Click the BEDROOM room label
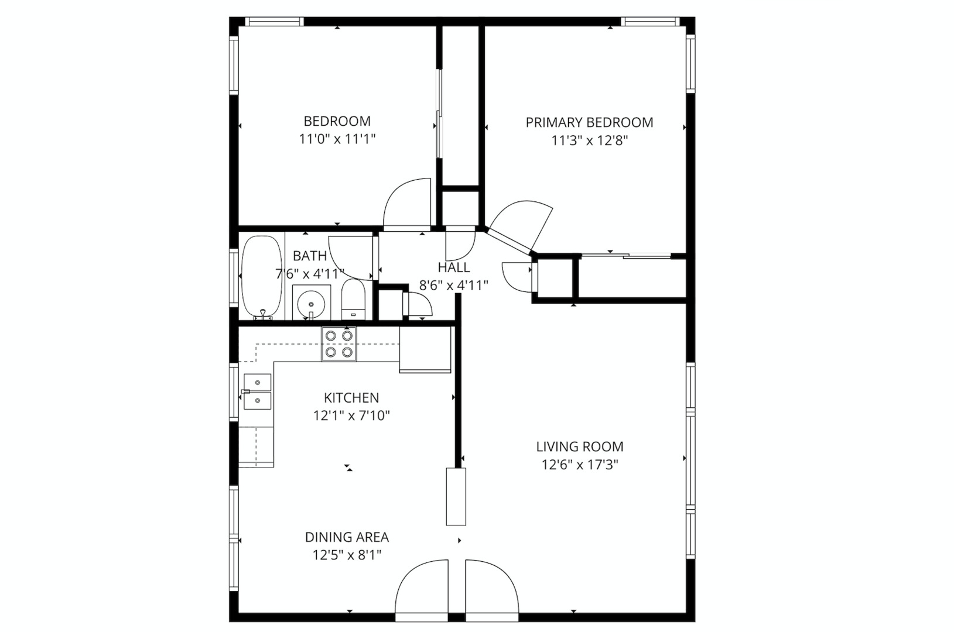click(x=337, y=121)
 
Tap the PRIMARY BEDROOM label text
click(x=589, y=122)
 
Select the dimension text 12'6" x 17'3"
click(x=579, y=465)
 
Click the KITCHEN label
click(x=351, y=398)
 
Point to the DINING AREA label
click(x=347, y=537)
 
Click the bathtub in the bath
click(x=261, y=276)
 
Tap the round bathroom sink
click(x=311, y=304)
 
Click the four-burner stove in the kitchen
click(x=339, y=344)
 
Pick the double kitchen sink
click(x=257, y=391)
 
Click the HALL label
click(x=453, y=268)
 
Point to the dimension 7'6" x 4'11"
click(x=310, y=273)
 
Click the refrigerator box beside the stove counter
click(x=425, y=350)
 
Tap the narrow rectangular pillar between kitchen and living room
click(x=456, y=496)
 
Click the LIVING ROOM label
click(x=580, y=447)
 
